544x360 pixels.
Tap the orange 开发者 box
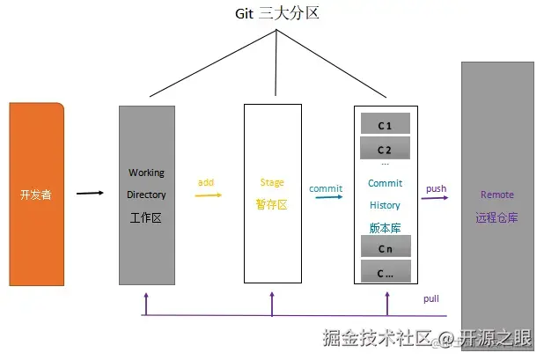coord(36,194)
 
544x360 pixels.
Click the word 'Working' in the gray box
coord(146,173)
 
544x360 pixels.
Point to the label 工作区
coord(146,217)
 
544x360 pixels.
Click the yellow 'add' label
coord(206,182)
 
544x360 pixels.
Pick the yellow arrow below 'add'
coord(208,195)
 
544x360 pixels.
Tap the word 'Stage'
coord(272,182)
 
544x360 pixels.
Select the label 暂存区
coord(272,204)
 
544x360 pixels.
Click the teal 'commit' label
coord(326,187)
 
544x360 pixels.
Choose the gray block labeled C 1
coord(385,125)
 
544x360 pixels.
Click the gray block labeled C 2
coord(385,149)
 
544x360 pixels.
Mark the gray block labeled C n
coord(385,248)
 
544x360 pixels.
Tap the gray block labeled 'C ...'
coord(385,272)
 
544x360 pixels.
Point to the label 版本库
coord(385,227)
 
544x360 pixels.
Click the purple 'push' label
coord(436,188)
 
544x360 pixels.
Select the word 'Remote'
coord(496,195)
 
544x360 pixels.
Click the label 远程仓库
coord(496,217)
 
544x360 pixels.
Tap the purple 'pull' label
coord(431,299)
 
